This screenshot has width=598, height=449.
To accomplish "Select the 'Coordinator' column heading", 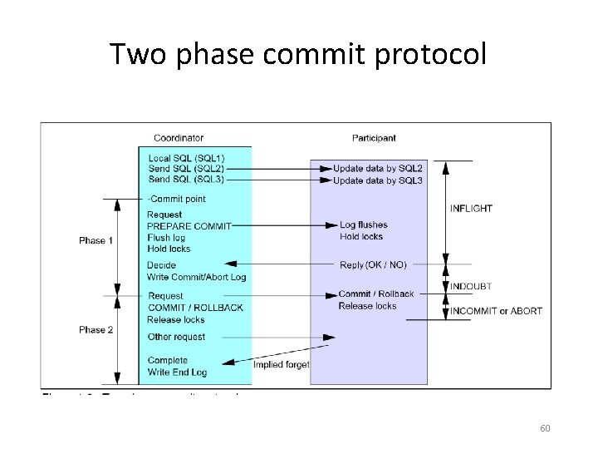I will (179, 137).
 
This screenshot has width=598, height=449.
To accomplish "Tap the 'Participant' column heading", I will (373, 137).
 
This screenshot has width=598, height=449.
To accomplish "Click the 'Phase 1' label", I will (96, 240).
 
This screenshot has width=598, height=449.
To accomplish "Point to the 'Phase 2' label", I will (96, 329).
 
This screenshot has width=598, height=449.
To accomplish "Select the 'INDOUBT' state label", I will (471, 286).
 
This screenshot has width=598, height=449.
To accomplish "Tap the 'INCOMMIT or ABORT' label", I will (496, 311).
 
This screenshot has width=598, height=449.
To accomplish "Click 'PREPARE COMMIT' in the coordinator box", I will (189, 225).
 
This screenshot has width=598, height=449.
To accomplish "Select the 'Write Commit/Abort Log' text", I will (196, 276).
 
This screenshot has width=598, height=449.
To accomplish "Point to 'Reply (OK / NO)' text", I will (374, 264).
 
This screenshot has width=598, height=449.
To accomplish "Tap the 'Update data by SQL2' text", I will (378, 168).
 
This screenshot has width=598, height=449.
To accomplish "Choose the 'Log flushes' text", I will (364, 224).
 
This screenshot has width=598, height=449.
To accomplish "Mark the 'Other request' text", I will (176, 337).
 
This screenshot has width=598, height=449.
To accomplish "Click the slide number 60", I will (545, 428).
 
